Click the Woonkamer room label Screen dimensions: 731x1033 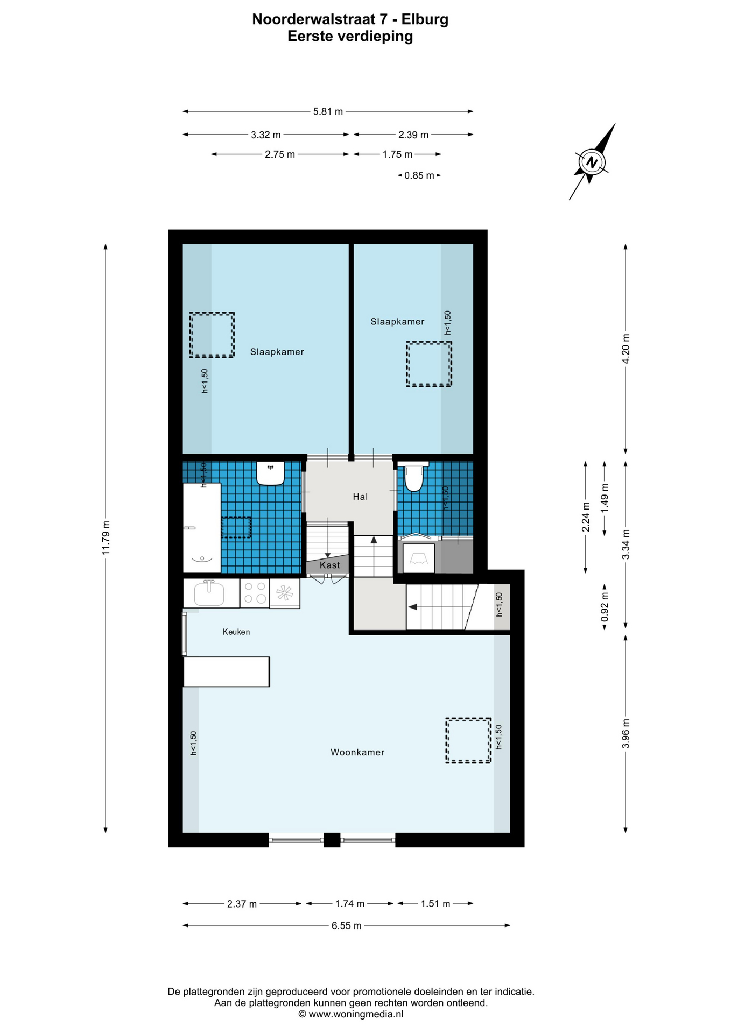357,752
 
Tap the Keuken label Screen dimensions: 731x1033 236,632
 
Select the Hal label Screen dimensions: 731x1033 360,497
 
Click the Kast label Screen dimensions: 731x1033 329,565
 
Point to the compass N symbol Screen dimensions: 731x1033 592,162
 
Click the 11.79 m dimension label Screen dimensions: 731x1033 106,537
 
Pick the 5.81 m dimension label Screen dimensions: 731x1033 328,112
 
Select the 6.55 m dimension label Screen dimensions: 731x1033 346,925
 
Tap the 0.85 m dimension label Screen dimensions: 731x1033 419,175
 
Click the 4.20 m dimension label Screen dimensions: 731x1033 625,349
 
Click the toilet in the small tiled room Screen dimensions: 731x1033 413,476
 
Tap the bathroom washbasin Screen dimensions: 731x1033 270,473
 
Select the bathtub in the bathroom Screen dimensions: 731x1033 202,528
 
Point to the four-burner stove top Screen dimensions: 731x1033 255,593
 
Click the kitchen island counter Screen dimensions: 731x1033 226,671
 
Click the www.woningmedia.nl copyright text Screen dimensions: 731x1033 351,1014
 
